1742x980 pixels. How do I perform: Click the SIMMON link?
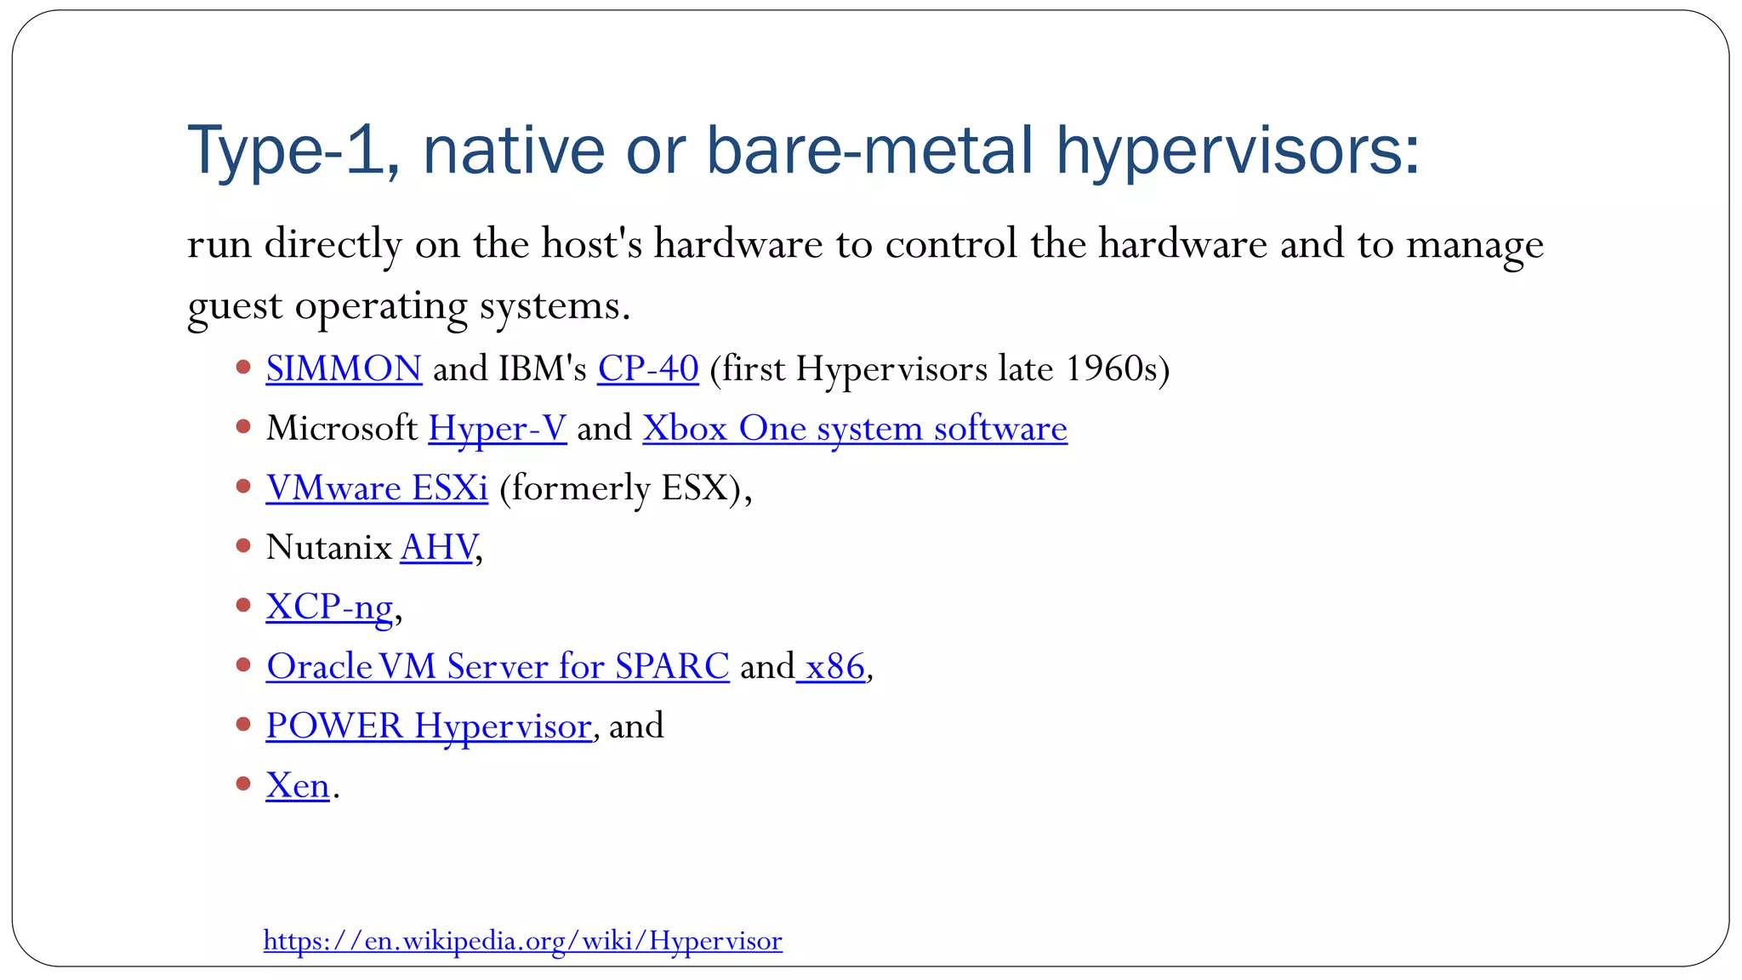(344, 369)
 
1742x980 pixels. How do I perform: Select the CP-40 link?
(647, 369)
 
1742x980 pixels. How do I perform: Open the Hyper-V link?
(497, 429)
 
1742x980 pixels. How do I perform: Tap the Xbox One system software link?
(854, 429)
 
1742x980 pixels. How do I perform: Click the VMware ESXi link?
(377, 488)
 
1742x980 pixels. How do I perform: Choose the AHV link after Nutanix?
(438, 548)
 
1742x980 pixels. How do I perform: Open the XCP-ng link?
(329, 607)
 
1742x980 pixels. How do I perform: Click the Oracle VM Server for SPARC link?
(498, 667)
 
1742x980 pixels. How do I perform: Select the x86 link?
(834, 667)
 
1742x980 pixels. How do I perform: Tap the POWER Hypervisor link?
(428, 726)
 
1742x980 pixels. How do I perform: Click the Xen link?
(297, 786)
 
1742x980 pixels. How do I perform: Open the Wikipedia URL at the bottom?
(522, 941)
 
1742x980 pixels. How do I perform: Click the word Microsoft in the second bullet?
(341, 429)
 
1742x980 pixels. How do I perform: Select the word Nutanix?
(328, 548)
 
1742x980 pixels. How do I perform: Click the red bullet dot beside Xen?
(243, 783)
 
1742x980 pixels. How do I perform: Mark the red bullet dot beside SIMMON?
(243, 367)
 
